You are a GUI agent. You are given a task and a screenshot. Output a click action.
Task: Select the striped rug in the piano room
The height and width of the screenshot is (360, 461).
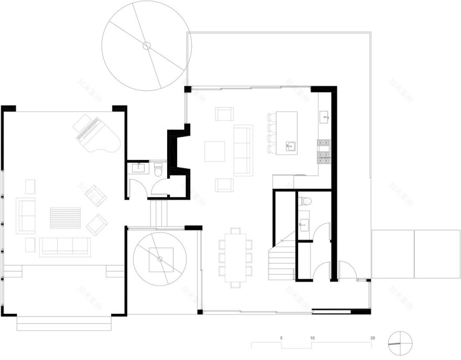click(x=65, y=218)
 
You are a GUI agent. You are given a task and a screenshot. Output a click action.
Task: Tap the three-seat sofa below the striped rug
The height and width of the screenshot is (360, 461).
click(x=64, y=246)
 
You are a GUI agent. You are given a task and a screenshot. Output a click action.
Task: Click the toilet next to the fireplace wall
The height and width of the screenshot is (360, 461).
click(x=158, y=169)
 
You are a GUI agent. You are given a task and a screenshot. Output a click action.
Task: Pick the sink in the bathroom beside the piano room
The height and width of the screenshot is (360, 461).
click(x=139, y=168)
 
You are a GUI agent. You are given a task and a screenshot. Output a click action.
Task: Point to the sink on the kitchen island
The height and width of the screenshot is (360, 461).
click(x=290, y=146)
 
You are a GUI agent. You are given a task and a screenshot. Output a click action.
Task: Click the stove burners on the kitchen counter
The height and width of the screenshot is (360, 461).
click(x=323, y=148)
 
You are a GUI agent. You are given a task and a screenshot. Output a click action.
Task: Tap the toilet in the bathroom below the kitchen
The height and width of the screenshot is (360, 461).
click(x=305, y=201)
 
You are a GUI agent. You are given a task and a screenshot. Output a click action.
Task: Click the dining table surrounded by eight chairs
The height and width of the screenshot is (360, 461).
click(x=235, y=257)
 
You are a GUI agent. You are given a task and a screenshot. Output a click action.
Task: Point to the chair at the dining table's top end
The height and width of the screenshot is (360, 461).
click(x=235, y=231)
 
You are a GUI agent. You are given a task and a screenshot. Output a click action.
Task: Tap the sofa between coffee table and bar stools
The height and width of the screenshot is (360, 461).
click(x=243, y=150)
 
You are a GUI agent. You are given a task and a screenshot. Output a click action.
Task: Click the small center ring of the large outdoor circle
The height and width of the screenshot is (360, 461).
click(x=146, y=46)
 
